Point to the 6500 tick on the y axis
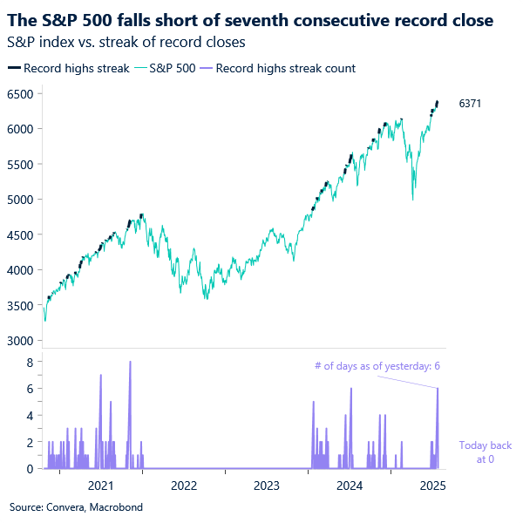pos(19,93)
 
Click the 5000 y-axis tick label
pos(19,200)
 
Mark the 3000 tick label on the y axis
pos(19,341)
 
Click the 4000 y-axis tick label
pos(19,270)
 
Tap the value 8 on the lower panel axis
pos(30,361)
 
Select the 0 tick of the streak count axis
pos(30,469)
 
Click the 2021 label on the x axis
pos(101,485)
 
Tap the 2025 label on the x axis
pos(432,485)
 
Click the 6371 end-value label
pos(470,104)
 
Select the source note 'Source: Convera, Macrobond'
pos(76,506)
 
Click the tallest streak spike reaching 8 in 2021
pos(130,363)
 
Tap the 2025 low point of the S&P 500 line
pos(412,200)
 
